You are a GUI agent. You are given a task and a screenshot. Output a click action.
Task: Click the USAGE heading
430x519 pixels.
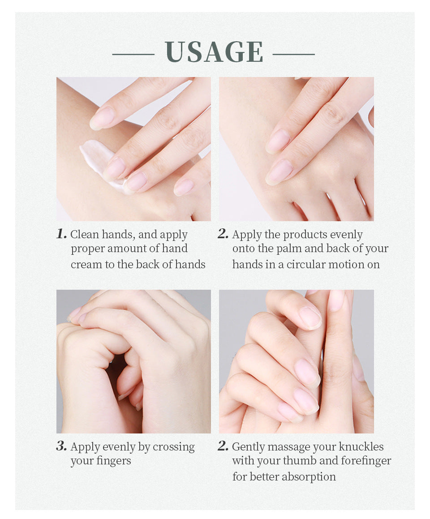[214, 52]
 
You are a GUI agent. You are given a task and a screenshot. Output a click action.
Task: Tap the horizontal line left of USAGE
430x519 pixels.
[133, 55]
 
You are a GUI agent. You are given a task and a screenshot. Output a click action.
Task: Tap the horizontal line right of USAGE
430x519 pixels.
[293, 55]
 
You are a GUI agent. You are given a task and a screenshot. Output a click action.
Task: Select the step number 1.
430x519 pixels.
[61, 234]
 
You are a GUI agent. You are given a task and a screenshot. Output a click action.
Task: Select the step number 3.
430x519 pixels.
[61, 446]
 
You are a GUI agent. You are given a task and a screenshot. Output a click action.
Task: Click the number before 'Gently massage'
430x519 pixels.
[223, 446]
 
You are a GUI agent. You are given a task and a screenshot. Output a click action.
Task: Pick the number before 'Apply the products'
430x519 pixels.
[223, 234]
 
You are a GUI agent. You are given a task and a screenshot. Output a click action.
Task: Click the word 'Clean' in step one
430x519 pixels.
[85, 235]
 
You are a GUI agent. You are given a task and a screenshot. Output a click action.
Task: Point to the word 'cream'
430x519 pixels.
[86, 265]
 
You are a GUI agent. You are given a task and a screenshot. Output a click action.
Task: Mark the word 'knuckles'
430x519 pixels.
[361, 447]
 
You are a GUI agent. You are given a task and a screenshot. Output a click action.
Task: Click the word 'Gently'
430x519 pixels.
[248, 447]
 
